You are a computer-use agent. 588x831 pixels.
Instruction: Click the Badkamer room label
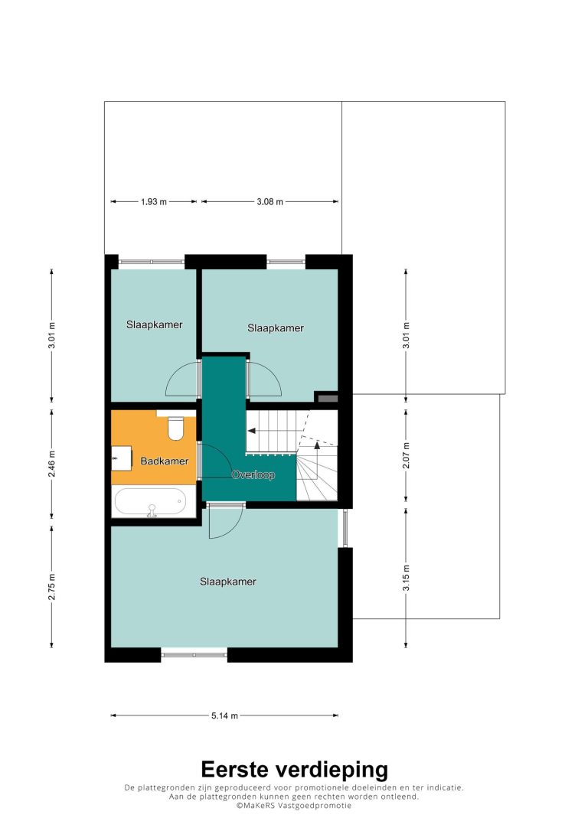click(165, 461)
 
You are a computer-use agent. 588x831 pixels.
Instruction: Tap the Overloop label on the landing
click(253, 475)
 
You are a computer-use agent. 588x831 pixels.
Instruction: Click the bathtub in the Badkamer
click(151, 502)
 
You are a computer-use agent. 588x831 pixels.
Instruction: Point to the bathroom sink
click(122, 458)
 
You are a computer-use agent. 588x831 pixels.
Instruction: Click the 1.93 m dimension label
click(154, 202)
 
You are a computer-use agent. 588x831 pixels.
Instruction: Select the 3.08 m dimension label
click(269, 202)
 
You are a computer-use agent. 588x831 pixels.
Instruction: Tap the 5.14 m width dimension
click(225, 716)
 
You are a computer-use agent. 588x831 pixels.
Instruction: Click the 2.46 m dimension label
click(52, 464)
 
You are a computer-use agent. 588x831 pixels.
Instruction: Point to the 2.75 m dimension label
click(52, 587)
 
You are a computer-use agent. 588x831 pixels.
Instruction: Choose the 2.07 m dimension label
click(406, 455)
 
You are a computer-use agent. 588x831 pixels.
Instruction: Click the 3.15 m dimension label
click(406, 578)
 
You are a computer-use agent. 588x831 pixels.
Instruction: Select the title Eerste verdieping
click(294, 769)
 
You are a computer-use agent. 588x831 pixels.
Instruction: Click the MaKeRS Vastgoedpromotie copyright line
click(294, 806)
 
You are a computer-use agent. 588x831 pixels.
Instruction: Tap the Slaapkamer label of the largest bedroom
click(228, 582)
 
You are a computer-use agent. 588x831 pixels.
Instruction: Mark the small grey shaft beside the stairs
click(326, 397)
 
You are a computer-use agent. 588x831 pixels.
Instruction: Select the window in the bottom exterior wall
click(194, 655)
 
